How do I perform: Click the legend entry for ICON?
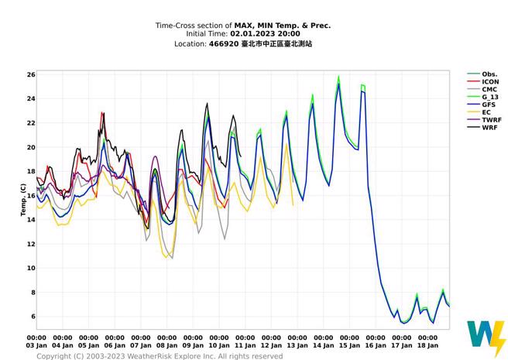click(x=490, y=81)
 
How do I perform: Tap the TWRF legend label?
click(x=490, y=120)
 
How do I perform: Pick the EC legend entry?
click(x=486, y=112)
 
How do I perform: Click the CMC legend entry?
click(x=489, y=89)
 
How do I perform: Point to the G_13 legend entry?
click(x=490, y=97)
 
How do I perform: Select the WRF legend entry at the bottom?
click(x=489, y=128)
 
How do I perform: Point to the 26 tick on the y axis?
click(x=31, y=74)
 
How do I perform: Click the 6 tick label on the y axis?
click(x=33, y=317)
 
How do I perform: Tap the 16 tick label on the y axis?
click(x=31, y=196)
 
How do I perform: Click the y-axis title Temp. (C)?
click(x=23, y=199)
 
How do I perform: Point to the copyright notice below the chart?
click(x=160, y=356)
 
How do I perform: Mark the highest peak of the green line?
click(x=338, y=77)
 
